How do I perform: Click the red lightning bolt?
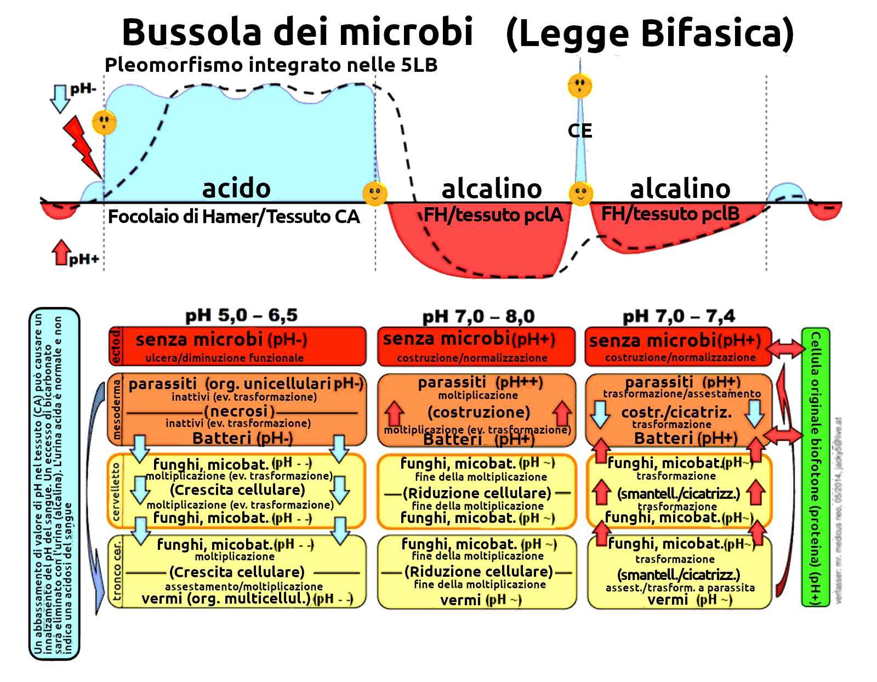click(82, 145)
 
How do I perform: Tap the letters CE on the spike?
click(580, 130)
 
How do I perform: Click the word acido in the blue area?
click(236, 189)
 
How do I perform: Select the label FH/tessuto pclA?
click(493, 214)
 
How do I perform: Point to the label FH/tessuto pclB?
click(670, 213)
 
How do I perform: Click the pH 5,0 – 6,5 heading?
click(241, 315)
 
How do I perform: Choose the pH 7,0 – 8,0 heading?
click(478, 316)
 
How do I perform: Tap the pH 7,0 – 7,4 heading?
click(679, 316)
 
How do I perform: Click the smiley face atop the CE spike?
click(580, 86)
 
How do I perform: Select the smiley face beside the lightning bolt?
click(104, 122)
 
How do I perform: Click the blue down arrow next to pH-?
click(60, 98)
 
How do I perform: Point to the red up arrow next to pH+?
click(61, 252)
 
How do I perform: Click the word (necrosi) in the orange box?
click(239, 411)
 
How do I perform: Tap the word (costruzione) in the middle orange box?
click(479, 412)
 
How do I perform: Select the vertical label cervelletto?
click(116, 491)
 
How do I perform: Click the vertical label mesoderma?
click(116, 410)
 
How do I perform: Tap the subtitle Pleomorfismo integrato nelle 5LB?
click(271, 65)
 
